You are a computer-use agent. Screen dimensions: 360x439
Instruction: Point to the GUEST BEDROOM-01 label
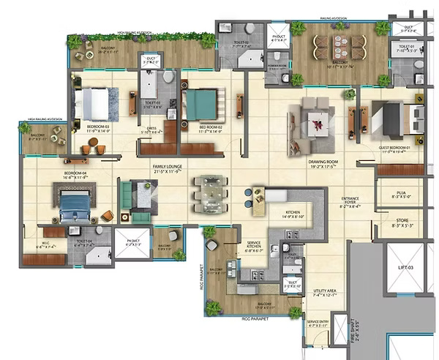[397, 150]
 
